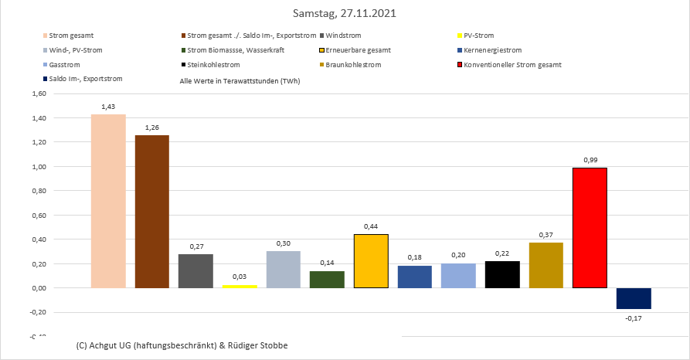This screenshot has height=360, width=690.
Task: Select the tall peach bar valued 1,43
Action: pyautogui.click(x=108, y=201)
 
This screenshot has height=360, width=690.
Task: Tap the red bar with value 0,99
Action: pyautogui.click(x=590, y=228)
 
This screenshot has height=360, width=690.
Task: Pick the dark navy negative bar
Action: pyautogui.click(x=634, y=298)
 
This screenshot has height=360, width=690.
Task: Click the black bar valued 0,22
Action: pyautogui.click(x=502, y=274)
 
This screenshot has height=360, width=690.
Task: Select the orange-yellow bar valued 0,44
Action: pyautogui.click(x=371, y=261)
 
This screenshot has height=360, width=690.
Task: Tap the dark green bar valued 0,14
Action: pyautogui.click(x=327, y=279)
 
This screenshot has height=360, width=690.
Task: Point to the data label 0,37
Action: pyautogui.click(x=546, y=235)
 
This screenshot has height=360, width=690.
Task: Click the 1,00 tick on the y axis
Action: pyautogui.click(x=37, y=167)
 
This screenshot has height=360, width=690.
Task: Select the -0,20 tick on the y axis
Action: pyautogui.click(x=36, y=312)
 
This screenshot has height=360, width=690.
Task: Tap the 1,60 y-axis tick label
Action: pyautogui.click(x=37, y=93)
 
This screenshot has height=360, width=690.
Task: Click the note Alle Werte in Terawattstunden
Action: pyautogui.click(x=240, y=80)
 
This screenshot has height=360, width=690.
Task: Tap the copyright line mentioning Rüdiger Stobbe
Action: pyautogui.click(x=182, y=345)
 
